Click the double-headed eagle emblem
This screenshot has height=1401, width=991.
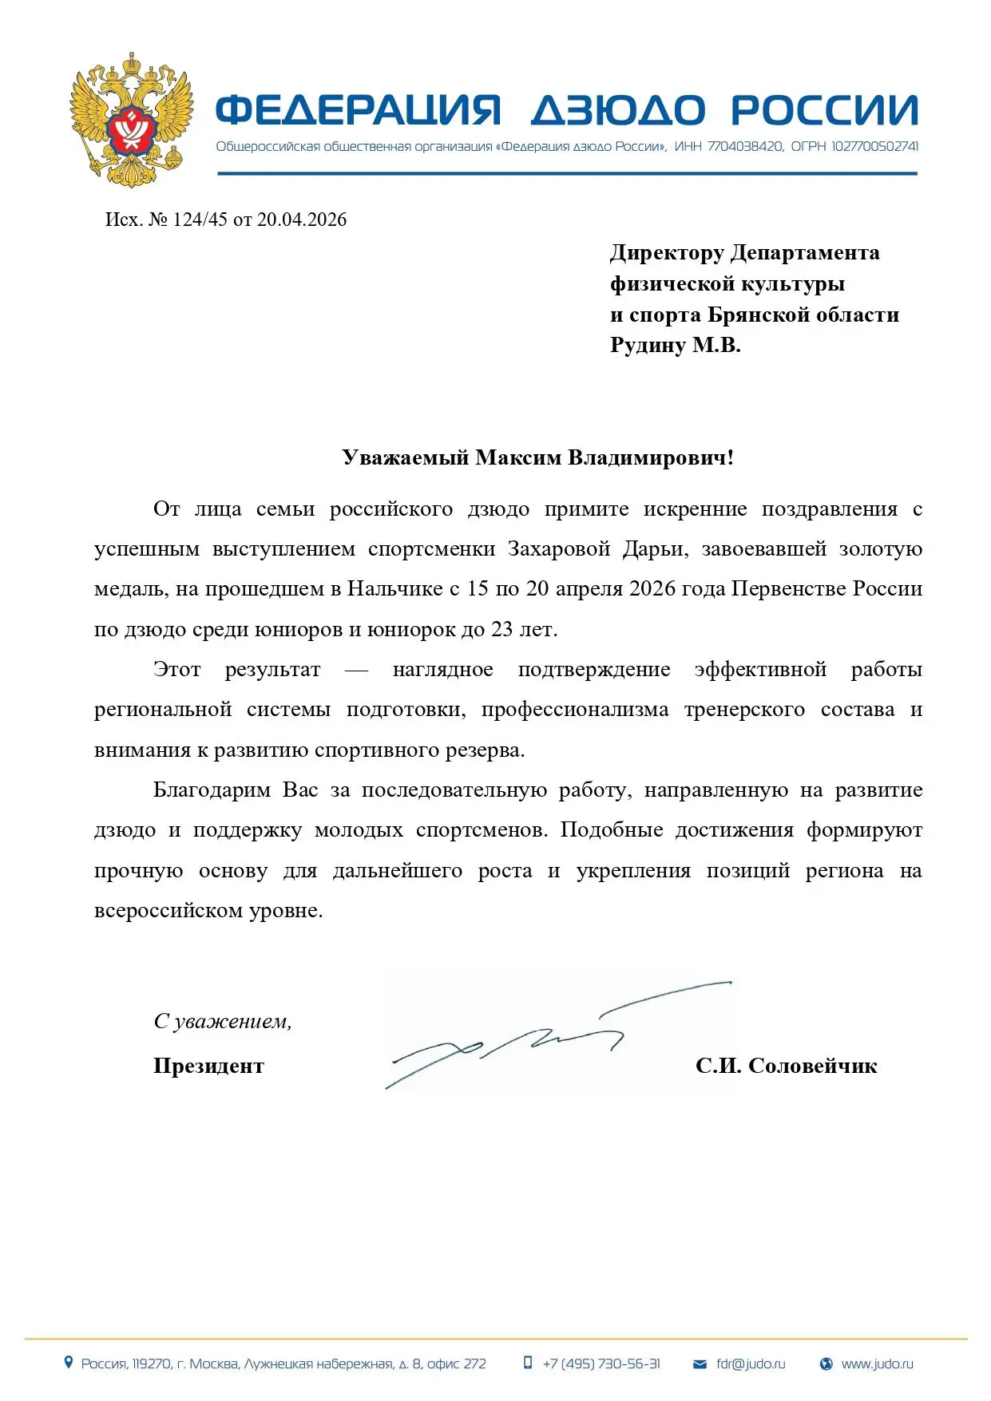(132, 120)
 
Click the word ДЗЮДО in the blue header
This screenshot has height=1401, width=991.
(618, 110)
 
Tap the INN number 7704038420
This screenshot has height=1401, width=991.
(745, 147)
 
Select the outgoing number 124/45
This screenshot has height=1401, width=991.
(200, 220)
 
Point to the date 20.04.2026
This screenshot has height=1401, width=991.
(302, 220)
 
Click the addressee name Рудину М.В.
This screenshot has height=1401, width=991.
(675, 345)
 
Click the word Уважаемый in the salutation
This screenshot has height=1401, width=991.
(405, 457)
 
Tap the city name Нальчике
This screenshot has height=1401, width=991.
(394, 589)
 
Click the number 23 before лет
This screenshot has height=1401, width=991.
(501, 629)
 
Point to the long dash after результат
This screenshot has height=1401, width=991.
(356, 670)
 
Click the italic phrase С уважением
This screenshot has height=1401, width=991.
(222, 1021)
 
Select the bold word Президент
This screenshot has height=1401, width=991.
(208, 1066)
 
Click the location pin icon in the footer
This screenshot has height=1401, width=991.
(69, 1363)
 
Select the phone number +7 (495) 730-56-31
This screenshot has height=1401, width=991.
(601, 1363)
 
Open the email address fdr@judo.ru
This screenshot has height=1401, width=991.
(750, 1363)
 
